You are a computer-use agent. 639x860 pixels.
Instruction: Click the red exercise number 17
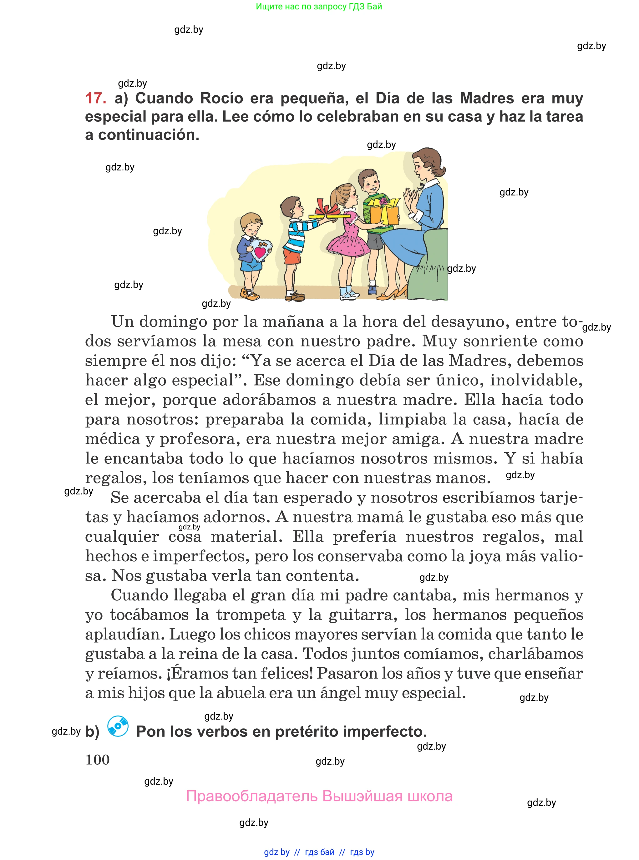pyautogui.click(x=95, y=98)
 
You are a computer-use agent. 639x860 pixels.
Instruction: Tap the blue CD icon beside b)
pyautogui.click(x=118, y=726)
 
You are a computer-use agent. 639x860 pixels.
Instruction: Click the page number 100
pyautogui.click(x=98, y=760)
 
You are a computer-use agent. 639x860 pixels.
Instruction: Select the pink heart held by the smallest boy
pyautogui.click(x=260, y=252)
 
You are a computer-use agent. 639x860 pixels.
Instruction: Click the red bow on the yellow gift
pyautogui.click(x=327, y=208)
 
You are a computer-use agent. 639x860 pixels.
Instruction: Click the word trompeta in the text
pyautogui.click(x=250, y=615)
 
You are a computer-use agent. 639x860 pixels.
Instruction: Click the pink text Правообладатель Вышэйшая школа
pyautogui.click(x=319, y=797)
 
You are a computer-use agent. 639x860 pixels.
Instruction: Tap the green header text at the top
pyautogui.click(x=319, y=7)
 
